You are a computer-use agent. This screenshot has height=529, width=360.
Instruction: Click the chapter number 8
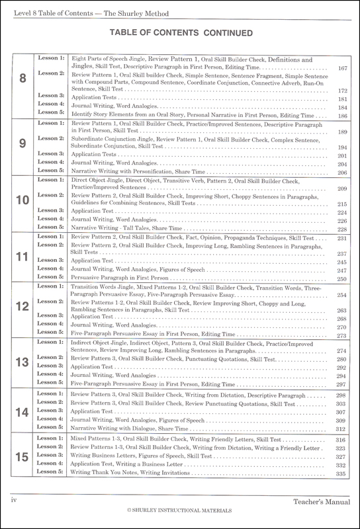(24, 79)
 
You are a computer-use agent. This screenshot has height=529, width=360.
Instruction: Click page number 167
(342, 68)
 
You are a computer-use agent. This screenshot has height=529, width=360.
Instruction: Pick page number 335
(342, 493)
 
